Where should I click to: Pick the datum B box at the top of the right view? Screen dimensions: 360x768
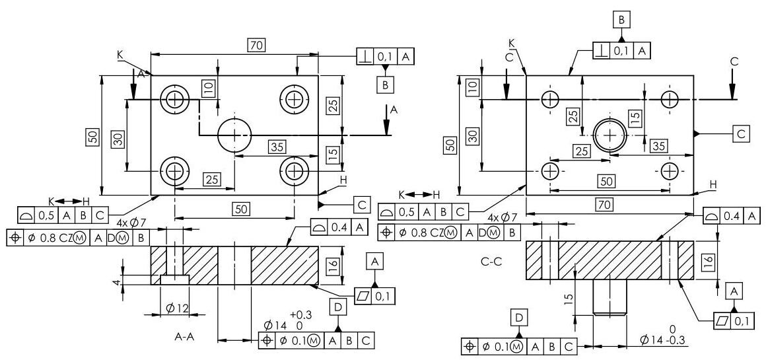pos(621,19)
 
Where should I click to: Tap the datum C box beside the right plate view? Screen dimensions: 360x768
pos(741,133)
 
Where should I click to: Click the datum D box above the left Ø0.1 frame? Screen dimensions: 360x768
pos(338,307)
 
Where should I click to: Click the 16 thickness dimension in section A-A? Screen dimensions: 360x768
pos(333,266)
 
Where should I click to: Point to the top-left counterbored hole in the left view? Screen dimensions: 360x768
pos(174,100)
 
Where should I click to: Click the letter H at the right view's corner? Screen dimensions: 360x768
pos(713,184)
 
